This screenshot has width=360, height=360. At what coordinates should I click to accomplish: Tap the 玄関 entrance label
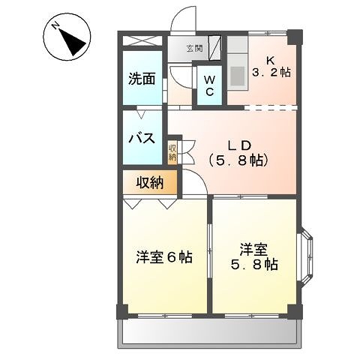(194, 48)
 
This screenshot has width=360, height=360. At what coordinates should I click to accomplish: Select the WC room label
(209, 85)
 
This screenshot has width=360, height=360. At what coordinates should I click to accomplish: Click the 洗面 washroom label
(141, 77)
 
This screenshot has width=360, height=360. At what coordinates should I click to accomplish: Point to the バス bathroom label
(140, 138)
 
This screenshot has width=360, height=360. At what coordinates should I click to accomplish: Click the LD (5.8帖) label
(237, 151)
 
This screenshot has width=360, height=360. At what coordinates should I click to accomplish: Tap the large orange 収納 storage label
(149, 181)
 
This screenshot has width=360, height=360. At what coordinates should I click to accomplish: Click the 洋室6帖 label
(164, 257)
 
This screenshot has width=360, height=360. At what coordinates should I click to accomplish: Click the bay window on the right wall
(310, 258)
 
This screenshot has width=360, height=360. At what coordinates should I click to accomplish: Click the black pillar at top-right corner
(297, 34)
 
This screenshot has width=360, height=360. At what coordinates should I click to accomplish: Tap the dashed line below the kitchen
(262, 106)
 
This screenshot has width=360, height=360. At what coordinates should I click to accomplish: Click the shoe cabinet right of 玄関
(215, 47)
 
